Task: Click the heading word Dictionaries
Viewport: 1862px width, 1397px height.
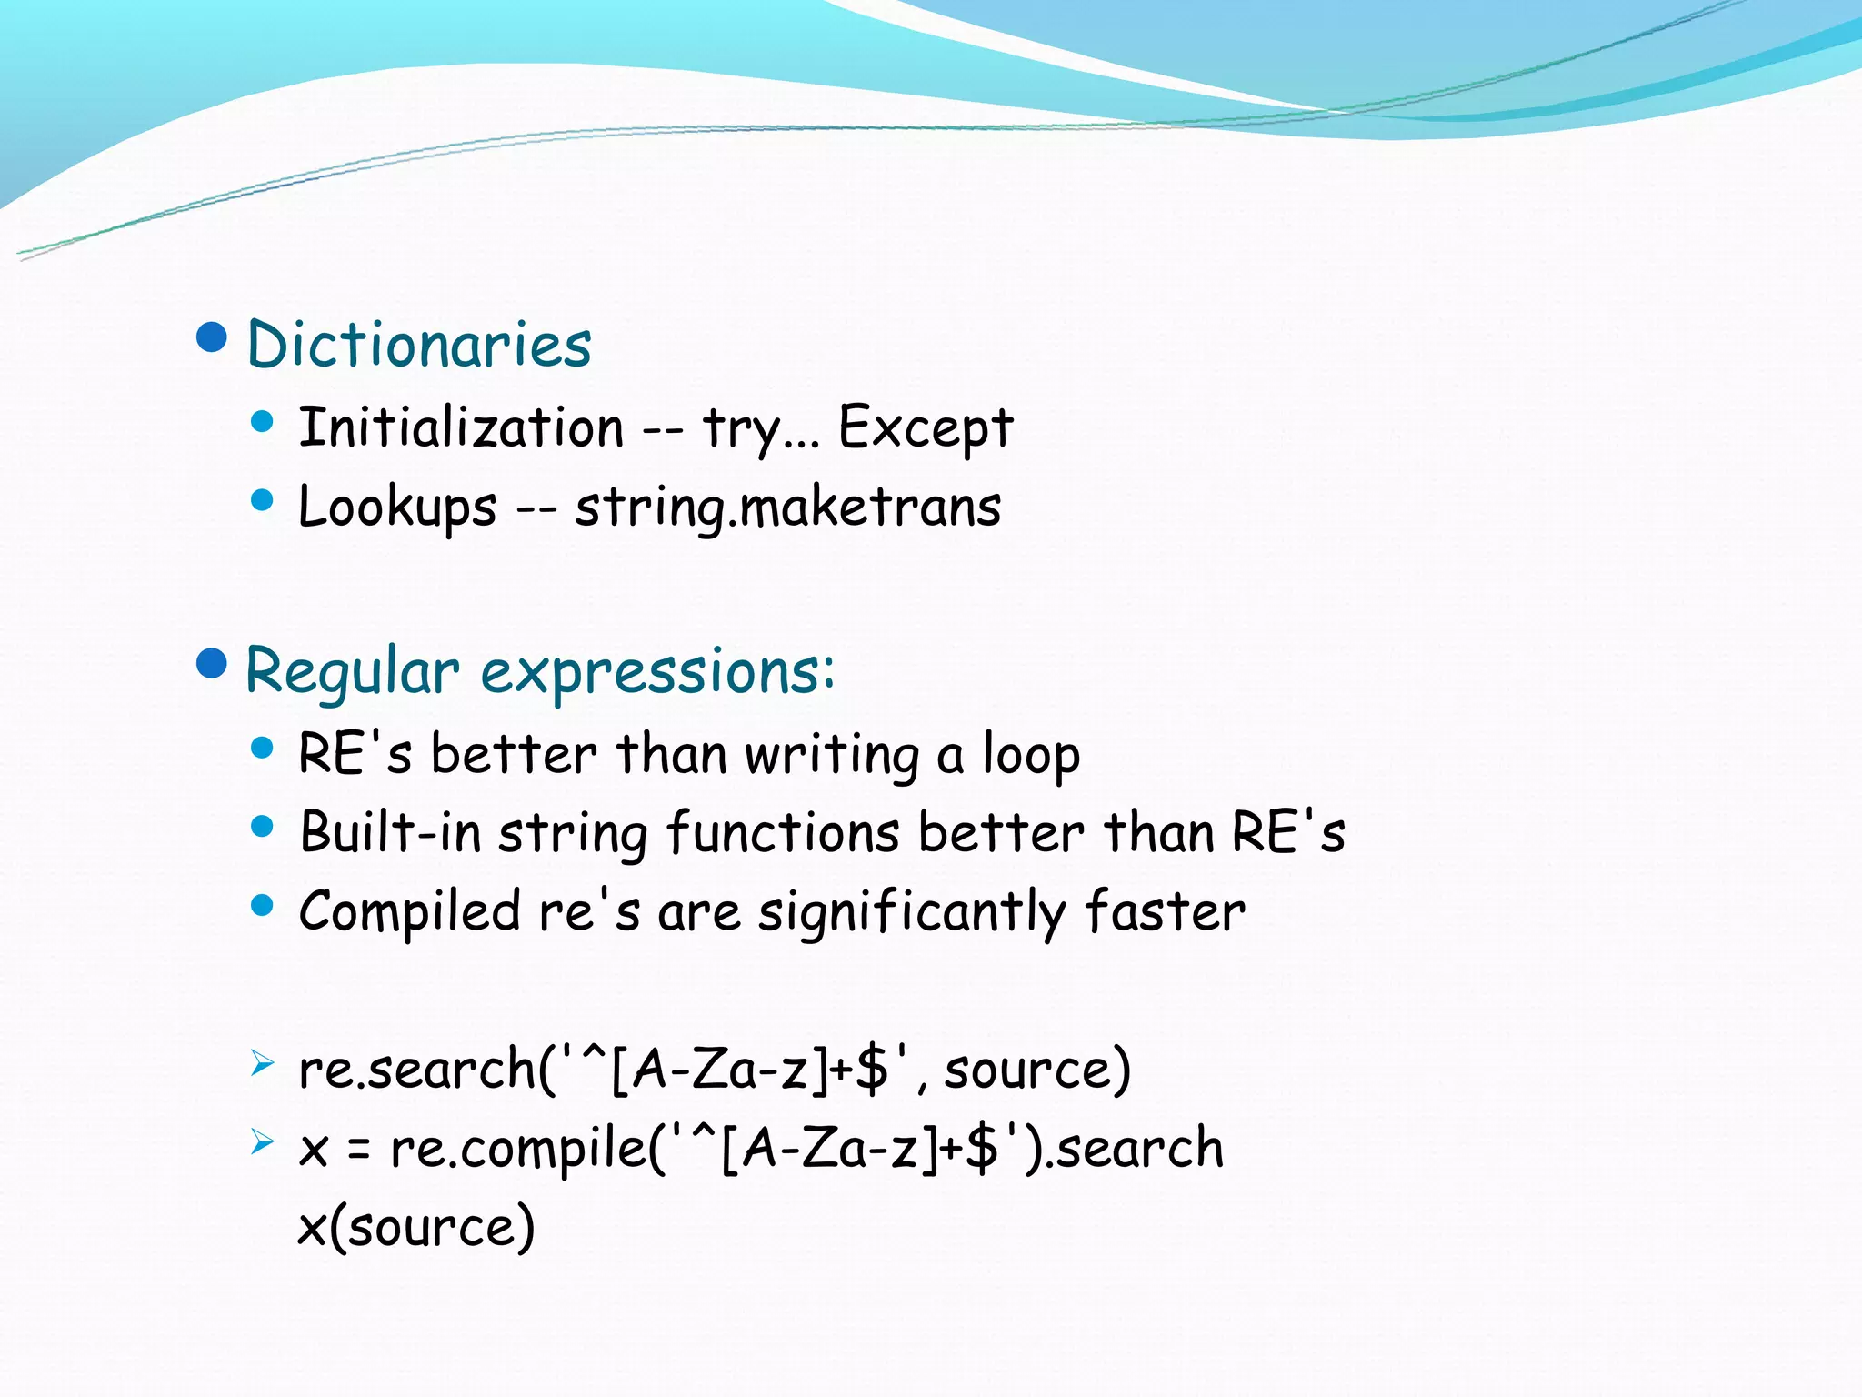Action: coord(419,345)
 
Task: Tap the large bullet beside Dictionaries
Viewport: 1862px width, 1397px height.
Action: coord(211,337)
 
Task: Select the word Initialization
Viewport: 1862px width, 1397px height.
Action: coord(461,427)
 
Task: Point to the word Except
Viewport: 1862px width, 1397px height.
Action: coord(925,427)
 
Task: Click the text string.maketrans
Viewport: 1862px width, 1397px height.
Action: coord(787,507)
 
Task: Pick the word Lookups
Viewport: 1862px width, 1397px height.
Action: coord(397,507)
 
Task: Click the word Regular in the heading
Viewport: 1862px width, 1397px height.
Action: coord(352,672)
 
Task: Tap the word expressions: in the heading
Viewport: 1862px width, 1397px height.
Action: coord(657,672)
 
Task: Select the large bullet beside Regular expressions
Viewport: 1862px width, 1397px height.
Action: coord(211,664)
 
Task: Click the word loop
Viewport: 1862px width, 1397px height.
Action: coord(1031,755)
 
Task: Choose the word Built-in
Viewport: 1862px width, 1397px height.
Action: coord(390,832)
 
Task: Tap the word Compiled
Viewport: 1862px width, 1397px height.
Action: coord(409,911)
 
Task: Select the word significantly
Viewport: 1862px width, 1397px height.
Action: coord(912,911)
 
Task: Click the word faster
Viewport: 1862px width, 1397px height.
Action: coord(1165,911)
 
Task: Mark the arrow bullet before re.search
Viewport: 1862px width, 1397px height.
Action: coord(262,1062)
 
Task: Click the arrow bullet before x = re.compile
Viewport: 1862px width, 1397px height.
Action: coord(262,1141)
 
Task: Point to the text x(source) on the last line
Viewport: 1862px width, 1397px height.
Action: coord(416,1227)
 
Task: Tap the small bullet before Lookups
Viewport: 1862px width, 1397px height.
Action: coord(262,499)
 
